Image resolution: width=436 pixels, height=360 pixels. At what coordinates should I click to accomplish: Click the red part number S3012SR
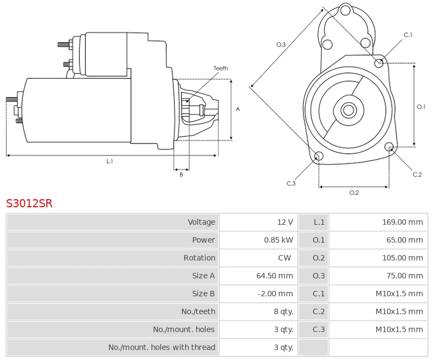[x=29, y=204]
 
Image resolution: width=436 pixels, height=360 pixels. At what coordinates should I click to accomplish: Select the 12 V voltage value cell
[x=285, y=222]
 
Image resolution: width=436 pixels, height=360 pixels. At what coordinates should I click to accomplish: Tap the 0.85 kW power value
[x=278, y=240]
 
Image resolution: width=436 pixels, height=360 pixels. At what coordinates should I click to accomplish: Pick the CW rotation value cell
[x=284, y=258]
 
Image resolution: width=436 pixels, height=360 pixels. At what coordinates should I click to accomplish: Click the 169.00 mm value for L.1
[x=402, y=222]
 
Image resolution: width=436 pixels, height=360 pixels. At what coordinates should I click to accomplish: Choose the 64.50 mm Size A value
[x=275, y=276]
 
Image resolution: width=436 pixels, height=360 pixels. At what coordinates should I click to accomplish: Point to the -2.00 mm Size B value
[x=275, y=293]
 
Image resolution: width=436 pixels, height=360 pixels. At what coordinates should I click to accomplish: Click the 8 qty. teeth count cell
[x=283, y=311]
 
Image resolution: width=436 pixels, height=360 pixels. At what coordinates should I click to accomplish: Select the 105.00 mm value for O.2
[x=402, y=258]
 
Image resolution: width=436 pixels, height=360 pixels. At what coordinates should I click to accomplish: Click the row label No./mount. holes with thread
[x=162, y=347]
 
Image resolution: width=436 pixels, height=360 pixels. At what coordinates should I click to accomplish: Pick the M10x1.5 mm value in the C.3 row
[x=399, y=329]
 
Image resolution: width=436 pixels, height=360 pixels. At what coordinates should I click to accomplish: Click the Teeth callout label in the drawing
[x=221, y=69]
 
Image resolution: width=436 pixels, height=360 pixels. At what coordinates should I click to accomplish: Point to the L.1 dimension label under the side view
[x=110, y=161]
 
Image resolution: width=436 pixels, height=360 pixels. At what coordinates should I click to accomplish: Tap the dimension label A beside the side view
[x=238, y=109]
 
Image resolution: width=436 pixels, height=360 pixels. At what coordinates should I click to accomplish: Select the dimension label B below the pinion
[x=181, y=175]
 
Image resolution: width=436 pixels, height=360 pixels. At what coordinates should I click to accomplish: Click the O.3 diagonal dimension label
[x=281, y=45]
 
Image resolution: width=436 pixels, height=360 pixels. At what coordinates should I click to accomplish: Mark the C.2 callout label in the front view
[x=417, y=175]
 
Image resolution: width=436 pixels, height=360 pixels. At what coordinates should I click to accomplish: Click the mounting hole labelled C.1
[x=379, y=63]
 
